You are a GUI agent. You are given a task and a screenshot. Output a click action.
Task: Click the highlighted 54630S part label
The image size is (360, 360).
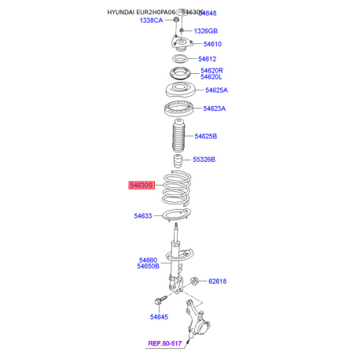point(141,186)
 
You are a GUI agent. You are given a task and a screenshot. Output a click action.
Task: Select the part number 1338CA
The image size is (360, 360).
point(151,20)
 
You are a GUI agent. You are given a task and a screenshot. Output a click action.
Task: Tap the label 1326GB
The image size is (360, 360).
point(206,31)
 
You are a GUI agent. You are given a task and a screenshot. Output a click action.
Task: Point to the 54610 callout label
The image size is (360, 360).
point(212,44)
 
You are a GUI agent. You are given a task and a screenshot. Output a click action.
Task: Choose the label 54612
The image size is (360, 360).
point(208,59)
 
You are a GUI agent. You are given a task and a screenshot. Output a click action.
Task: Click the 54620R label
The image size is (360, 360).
point(211,71)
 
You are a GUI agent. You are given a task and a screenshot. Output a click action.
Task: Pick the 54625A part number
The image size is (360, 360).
point(216,90)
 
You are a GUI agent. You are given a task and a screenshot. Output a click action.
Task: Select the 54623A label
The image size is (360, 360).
point(215,108)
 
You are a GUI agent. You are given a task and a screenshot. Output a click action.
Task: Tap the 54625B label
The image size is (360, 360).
point(206,136)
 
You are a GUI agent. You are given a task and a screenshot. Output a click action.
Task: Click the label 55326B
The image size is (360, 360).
point(204,160)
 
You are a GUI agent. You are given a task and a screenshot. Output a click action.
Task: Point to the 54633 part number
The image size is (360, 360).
point(143,216)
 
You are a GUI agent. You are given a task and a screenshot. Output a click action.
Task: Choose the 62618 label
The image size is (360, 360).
point(218,281)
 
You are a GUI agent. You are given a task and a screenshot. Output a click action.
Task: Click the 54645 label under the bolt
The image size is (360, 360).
point(159,317)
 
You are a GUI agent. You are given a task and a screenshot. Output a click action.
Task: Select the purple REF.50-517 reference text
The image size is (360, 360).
point(165,343)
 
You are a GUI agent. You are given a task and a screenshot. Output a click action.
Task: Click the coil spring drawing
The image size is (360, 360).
point(176,188)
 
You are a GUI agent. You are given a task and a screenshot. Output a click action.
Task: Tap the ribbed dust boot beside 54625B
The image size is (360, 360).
point(178,136)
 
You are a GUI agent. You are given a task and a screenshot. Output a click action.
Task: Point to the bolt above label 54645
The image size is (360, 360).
point(160,300)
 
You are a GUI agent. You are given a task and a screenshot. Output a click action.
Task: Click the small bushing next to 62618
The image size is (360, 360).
point(194,281)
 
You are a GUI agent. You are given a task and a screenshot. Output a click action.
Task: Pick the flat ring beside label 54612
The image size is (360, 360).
point(180,59)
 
